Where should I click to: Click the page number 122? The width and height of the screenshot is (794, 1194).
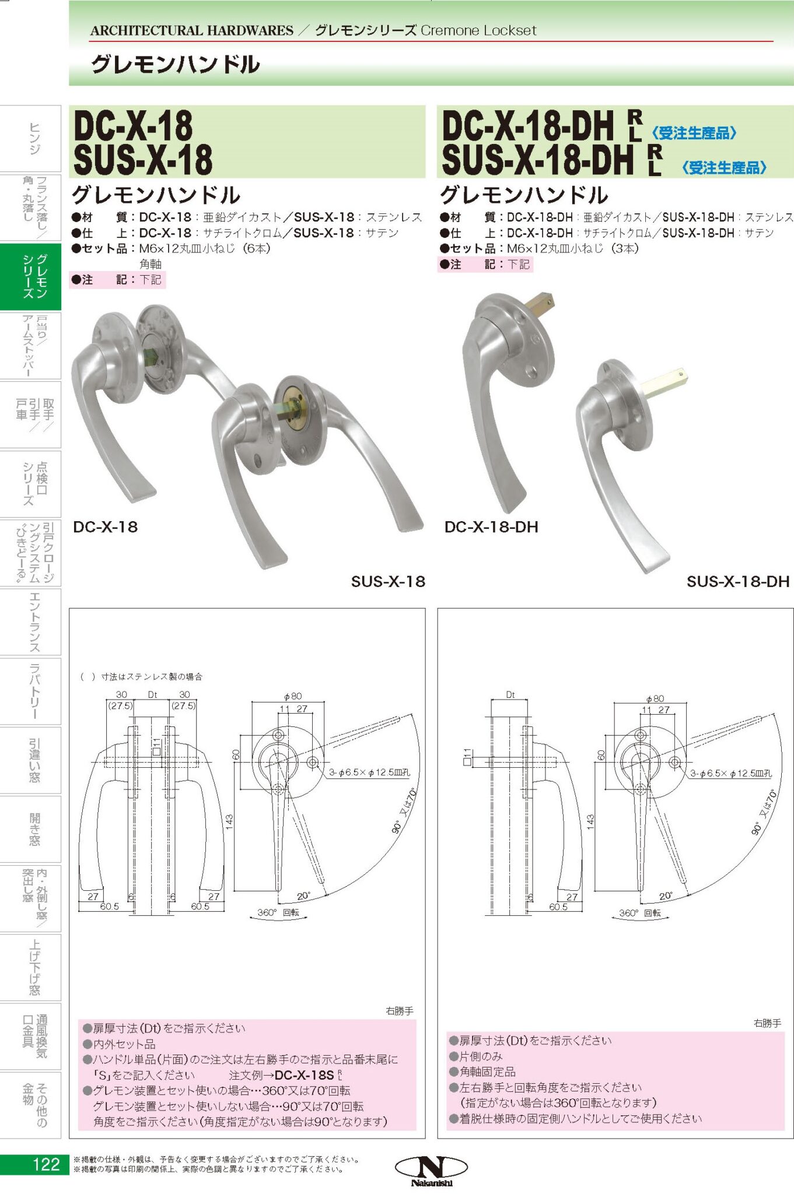[46, 1164]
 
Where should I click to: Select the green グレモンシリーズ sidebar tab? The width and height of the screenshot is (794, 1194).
[30, 276]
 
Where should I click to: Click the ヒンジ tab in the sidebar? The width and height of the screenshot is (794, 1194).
[30, 138]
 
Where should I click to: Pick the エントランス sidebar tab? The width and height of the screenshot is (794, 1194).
[30, 621]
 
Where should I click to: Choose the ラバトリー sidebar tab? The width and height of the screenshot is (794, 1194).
[30, 691]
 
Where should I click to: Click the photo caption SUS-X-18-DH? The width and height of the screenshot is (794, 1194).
[738, 581]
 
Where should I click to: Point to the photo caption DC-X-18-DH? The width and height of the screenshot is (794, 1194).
[491, 527]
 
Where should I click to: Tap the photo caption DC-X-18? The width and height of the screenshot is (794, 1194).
[105, 527]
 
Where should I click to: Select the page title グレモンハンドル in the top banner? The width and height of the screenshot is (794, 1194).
[175, 64]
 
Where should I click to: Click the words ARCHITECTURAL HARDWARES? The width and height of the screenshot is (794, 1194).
[192, 31]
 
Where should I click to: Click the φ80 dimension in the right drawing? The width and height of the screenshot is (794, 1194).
[655, 698]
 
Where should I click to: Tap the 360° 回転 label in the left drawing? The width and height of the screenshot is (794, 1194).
[278, 912]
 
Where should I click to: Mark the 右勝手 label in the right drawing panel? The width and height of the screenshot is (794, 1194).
[767, 1023]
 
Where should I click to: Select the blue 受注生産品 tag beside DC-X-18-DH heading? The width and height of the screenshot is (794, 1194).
[694, 133]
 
